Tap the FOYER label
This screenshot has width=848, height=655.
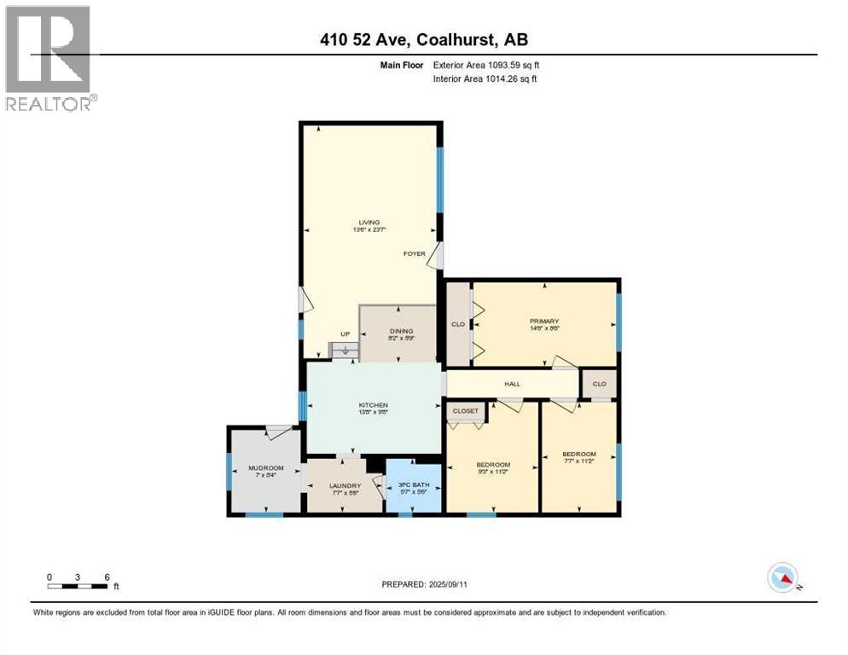pyautogui.click(x=414, y=253)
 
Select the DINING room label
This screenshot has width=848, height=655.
pyautogui.click(x=401, y=331)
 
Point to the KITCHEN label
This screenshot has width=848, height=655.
pyautogui.click(x=373, y=405)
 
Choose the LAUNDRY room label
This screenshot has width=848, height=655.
pyautogui.click(x=346, y=486)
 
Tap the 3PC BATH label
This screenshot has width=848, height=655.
pyautogui.click(x=413, y=486)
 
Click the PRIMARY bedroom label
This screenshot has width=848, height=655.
pyautogui.click(x=543, y=322)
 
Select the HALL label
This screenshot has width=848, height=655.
pyautogui.click(x=512, y=384)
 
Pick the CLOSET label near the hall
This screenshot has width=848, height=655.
pyautogui.click(x=466, y=411)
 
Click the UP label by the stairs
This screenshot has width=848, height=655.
pyautogui.click(x=345, y=333)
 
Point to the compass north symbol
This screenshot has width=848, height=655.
pyautogui.click(x=783, y=578)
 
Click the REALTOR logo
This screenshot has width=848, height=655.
pyautogui.click(x=49, y=58)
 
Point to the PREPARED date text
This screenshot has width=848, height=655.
pyautogui.click(x=424, y=584)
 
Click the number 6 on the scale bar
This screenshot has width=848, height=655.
pyautogui.click(x=107, y=577)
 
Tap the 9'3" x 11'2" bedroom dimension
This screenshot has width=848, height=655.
pyautogui.click(x=493, y=472)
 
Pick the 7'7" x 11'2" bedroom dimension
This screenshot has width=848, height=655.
pyautogui.click(x=578, y=461)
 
